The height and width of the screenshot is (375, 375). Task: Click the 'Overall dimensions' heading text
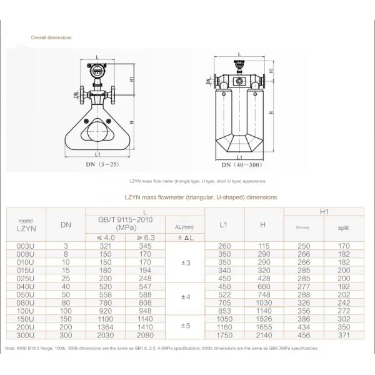tap(51, 37)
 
